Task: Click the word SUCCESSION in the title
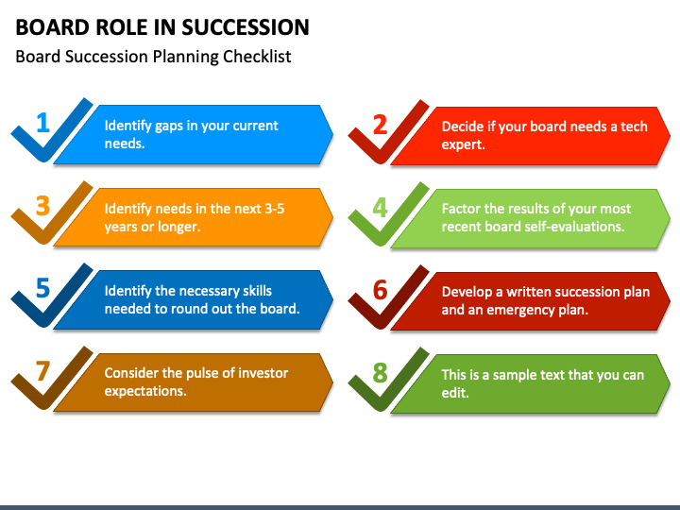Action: (246, 27)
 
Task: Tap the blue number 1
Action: (42, 123)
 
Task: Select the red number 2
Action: (380, 125)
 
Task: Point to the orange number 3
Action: (42, 206)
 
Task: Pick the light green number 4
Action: (380, 208)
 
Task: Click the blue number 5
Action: (42, 288)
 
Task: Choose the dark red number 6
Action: (380, 290)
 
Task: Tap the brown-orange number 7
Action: (42, 371)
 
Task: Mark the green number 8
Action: (380, 372)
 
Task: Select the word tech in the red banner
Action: (634, 127)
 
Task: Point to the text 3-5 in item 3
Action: (275, 209)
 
